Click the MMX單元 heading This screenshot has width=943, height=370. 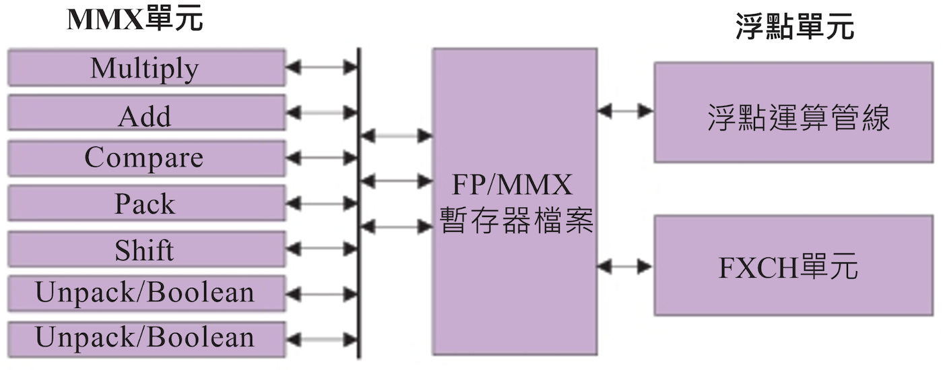[x=135, y=20]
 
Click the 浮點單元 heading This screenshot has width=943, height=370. [x=795, y=28]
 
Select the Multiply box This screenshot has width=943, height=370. [x=145, y=67]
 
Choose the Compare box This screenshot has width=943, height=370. [x=145, y=158]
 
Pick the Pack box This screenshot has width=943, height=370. [x=145, y=204]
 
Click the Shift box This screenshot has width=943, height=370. [x=145, y=249]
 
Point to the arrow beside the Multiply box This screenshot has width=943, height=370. [x=321, y=67]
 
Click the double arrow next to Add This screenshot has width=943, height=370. [x=321, y=113]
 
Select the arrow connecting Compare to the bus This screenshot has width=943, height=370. [x=321, y=158]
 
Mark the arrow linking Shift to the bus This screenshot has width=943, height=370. [x=321, y=249]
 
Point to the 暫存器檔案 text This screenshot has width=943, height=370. [x=516, y=220]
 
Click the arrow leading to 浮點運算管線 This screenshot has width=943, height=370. [x=625, y=110]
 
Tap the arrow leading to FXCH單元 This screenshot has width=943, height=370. [x=625, y=267]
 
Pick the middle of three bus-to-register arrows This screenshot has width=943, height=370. [x=396, y=181]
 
